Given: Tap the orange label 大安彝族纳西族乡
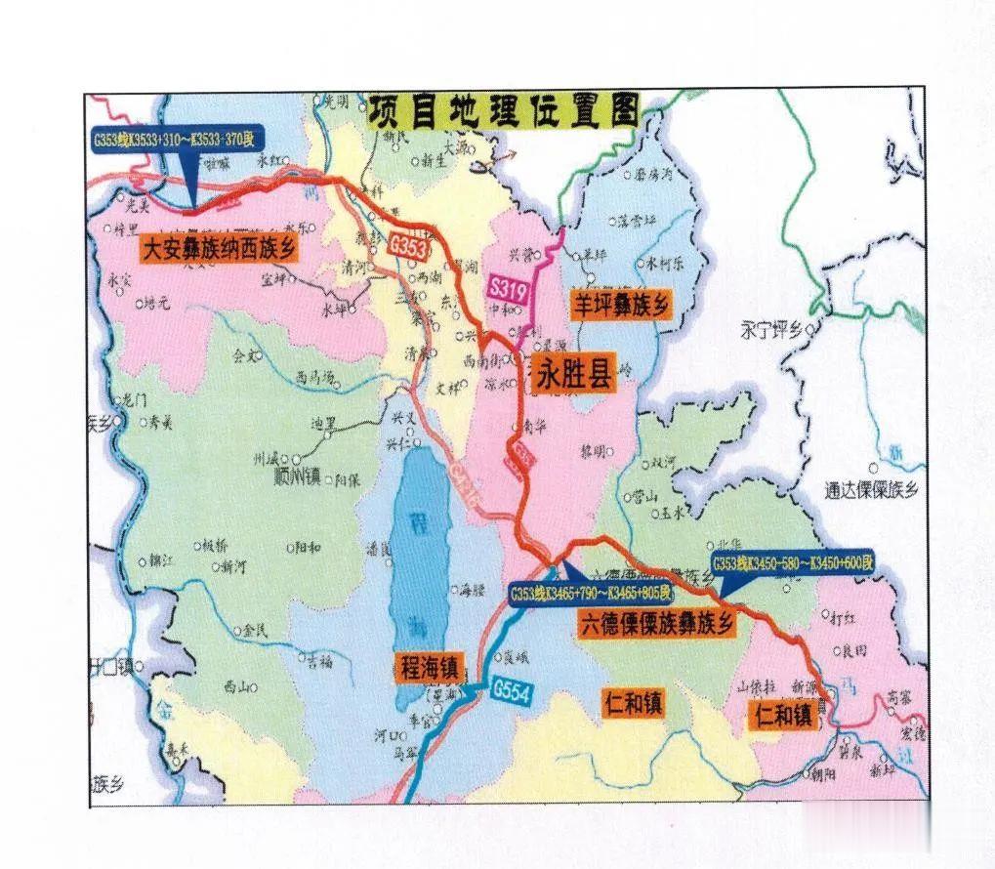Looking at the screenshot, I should pos(219,248).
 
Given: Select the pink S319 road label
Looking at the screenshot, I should pos(507,288).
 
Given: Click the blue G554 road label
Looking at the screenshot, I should pos(511,688).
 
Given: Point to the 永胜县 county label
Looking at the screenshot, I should pos(575,373).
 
